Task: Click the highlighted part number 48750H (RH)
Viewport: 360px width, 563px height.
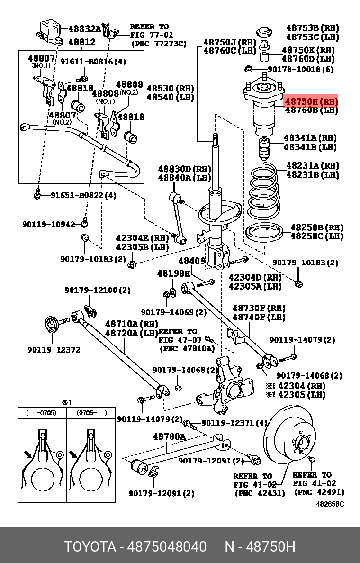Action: pos(311,101)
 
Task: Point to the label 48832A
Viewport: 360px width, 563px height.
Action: pos(84,28)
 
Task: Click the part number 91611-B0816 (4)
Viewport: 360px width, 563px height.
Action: pos(93,61)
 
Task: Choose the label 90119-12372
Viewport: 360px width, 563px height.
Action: pos(54,350)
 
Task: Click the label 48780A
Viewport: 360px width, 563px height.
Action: pos(169,436)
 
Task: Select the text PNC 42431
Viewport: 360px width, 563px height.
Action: pos(260,493)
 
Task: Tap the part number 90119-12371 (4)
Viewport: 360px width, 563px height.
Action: pos(234,423)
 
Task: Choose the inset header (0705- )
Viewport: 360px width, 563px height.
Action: pos(89,413)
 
